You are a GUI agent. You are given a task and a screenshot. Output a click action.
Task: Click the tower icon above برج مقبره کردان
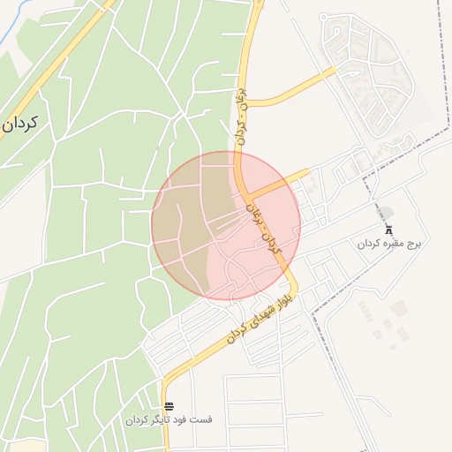point(389,228)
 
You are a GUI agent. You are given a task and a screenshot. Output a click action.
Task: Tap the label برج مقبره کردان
point(389,242)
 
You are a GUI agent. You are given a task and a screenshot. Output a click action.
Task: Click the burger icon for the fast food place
point(169,406)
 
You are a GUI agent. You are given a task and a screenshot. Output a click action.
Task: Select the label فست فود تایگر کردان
point(168,420)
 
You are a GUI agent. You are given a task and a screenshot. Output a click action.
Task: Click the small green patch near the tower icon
point(386,213)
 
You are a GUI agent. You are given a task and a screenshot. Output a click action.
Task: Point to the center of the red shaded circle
point(226,226)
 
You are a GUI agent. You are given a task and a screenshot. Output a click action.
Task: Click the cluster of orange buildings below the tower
point(388,323)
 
